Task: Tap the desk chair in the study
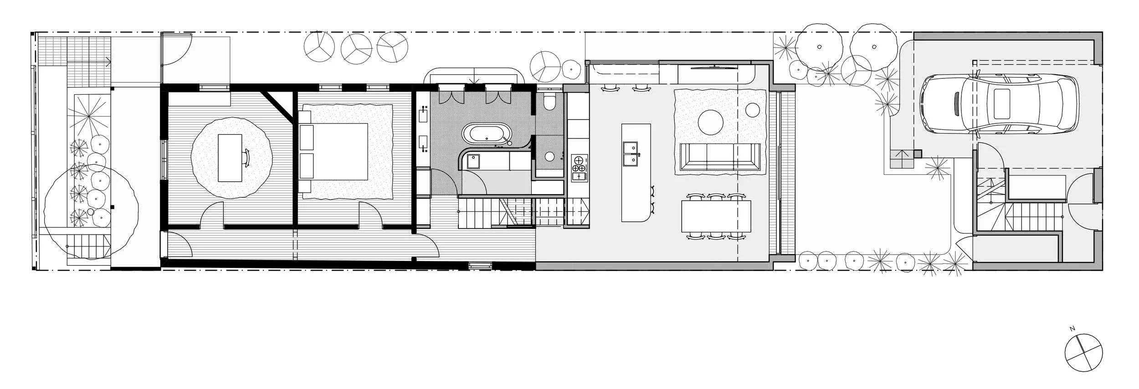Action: click(x=247, y=157)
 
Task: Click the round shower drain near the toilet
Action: click(x=549, y=156)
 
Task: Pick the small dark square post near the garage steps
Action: click(x=918, y=154)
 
